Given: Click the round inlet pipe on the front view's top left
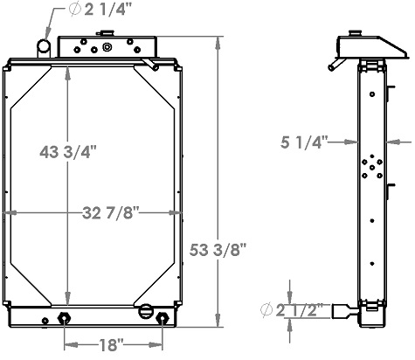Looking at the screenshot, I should (45, 46).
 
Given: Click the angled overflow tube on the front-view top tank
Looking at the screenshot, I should (154, 63).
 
